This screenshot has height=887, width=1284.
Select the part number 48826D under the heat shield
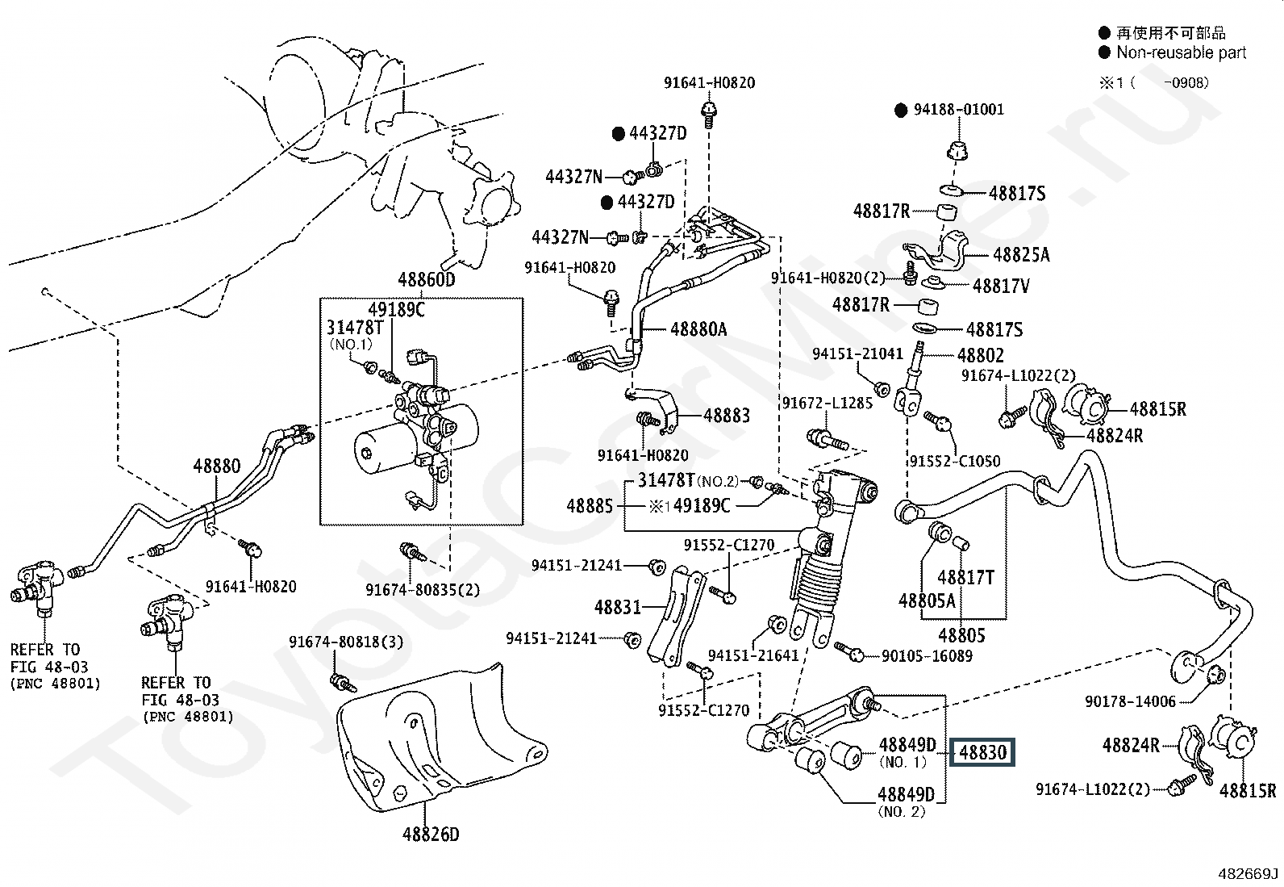[431, 835]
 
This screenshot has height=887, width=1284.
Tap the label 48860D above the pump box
[426, 280]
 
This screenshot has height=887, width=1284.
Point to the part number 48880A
[698, 328]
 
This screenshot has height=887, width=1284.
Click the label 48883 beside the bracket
[726, 415]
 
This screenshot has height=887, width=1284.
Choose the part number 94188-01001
[959, 110]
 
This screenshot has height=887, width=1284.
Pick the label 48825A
[1021, 255]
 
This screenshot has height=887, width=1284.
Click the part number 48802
[981, 355]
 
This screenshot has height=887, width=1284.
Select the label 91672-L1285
[827, 403]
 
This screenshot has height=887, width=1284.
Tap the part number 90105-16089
[927, 656]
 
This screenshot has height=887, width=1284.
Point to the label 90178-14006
[1130, 702]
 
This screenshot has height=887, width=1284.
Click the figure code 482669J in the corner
[1249, 873]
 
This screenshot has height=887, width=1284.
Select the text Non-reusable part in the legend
[1181, 53]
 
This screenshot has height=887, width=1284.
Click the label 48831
[617, 607]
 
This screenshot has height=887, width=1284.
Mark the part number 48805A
[927, 600]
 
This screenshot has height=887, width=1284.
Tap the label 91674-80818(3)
[346, 642]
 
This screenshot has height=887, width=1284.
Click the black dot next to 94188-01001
[901, 111]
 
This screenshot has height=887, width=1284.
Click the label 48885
[590, 506]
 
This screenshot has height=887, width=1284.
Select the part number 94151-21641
[752, 655]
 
